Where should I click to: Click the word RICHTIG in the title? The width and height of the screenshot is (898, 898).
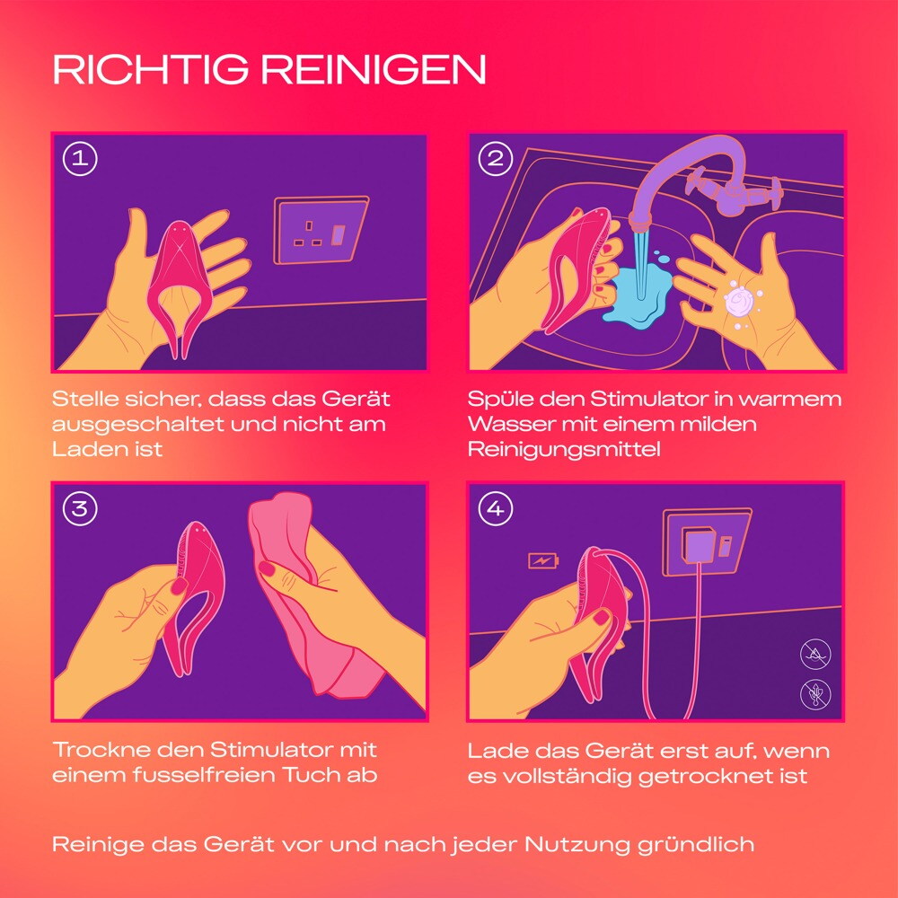151,70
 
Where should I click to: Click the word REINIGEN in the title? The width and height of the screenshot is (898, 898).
374,70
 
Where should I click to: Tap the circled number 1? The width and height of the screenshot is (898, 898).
80,159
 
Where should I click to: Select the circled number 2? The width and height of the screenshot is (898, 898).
495,159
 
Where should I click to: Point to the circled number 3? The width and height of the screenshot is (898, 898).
80,508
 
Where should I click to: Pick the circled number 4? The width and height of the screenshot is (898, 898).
495,508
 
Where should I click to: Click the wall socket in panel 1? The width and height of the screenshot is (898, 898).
321,230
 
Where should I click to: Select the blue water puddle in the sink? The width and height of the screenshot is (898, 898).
638,292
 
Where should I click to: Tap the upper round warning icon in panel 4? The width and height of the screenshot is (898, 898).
815,654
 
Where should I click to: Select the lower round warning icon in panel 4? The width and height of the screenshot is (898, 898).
815,694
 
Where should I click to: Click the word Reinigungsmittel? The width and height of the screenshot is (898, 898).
564,450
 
